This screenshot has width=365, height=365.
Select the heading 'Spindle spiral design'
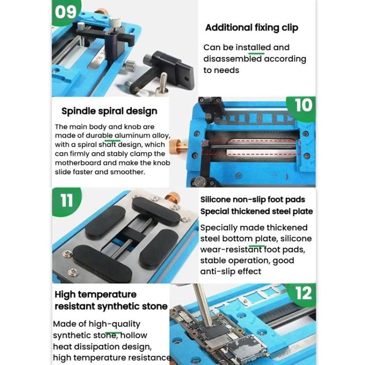[x=109, y=111]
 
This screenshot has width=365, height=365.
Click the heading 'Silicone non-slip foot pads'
[x=253, y=200]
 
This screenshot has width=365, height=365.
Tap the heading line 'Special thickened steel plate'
[x=256, y=211]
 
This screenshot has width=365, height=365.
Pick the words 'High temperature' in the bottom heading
[x=95, y=294]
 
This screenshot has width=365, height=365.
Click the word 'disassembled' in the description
[x=233, y=59]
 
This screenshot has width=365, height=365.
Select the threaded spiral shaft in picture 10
[x=253, y=145]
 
